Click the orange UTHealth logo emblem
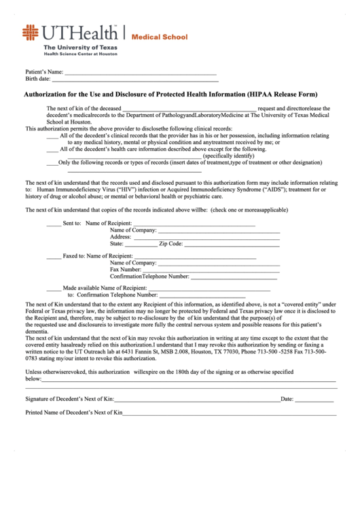point(31,33)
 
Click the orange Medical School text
point(159,37)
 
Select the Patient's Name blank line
point(140,72)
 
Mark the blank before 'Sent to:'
point(53,224)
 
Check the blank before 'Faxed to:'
point(53,256)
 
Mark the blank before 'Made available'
point(53,288)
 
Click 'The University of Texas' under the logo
point(80,48)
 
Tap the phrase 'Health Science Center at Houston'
point(80,54)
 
